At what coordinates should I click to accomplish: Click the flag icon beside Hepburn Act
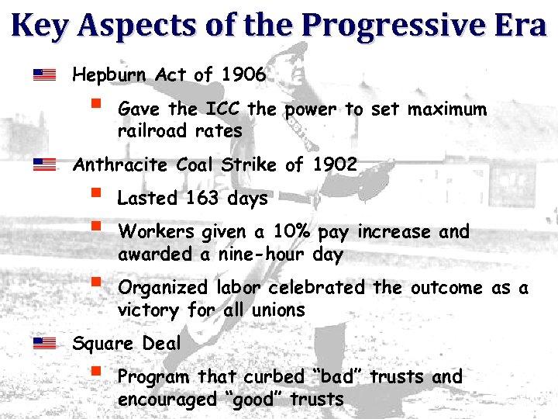pos(45,75)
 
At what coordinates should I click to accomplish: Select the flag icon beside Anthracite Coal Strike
pos(45,164)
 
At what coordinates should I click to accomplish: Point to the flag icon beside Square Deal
pos(45,342)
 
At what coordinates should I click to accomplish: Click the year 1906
pos(243,75)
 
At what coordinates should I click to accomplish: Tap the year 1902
pos(335,164)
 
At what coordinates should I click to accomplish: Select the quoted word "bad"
pos(338,377)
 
